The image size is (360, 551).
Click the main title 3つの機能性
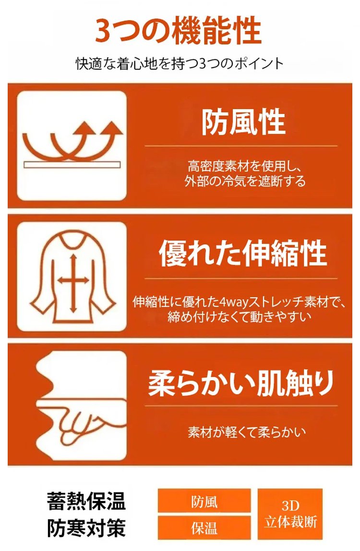[x=178, y=31]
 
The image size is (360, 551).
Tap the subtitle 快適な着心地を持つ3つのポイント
[x=180, y=64]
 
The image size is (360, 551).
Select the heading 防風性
[x=243, y=121]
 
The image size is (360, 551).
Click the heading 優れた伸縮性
[x=243, y=253]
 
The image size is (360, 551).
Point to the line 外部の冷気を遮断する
[x=245, y=181]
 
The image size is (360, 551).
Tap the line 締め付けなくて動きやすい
[x=240, y=317]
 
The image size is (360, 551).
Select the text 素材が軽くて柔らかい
[x=247, y=432]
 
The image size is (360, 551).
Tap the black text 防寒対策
[x=86, y=528]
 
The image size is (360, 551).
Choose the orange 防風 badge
[x=204, y=501]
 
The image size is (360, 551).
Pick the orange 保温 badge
[x=204, y=528]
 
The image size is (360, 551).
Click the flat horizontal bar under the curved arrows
[x=72, y=165]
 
